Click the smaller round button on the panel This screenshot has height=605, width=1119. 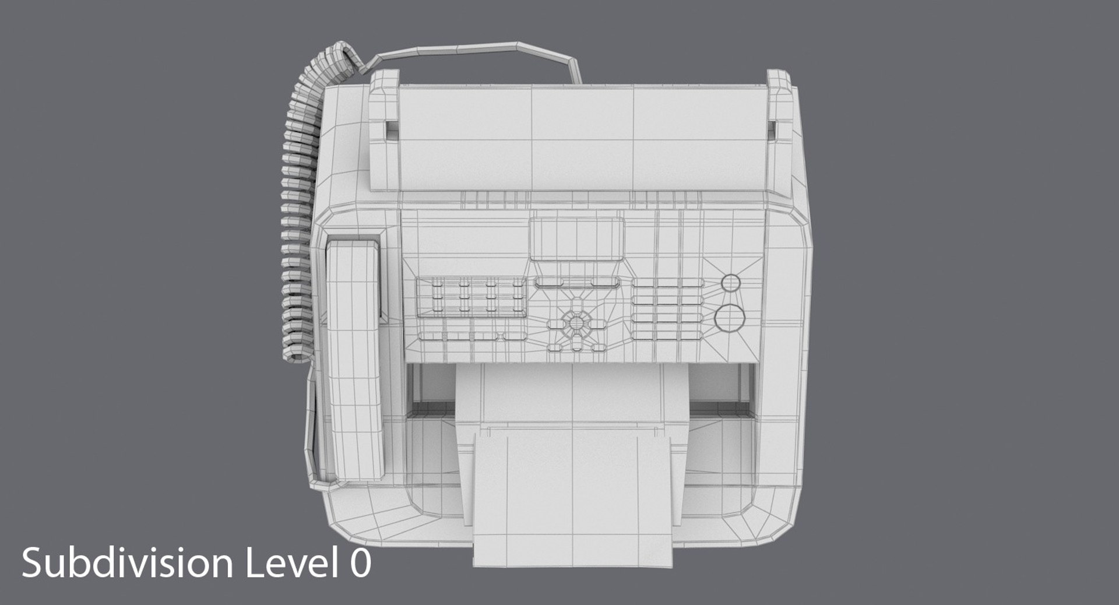point(730,283)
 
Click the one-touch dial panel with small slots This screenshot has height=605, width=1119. point(470,297)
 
